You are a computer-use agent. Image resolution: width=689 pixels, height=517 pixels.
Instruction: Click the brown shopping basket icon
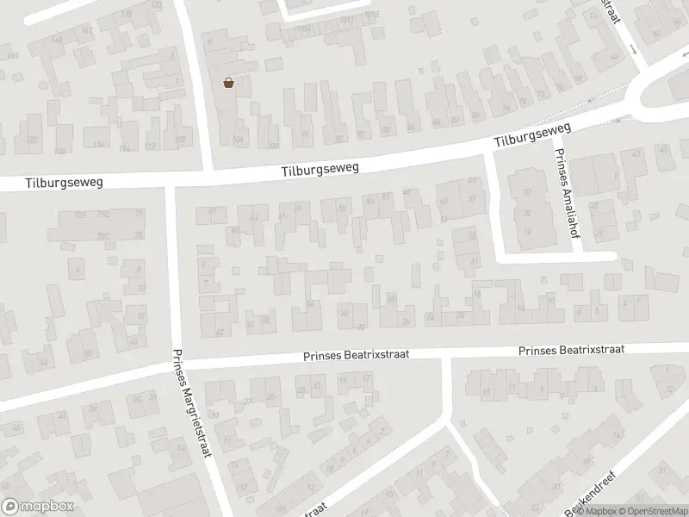(x=229, y=83)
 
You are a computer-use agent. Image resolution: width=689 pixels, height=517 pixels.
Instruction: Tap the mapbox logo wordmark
(x=38, y=506)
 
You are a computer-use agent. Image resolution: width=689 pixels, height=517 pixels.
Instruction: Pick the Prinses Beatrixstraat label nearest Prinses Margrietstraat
(x=355, y=354)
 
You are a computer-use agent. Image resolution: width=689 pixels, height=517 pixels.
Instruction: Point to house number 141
(x=87, y=31)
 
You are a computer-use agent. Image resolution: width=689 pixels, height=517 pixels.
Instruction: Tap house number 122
(x=34, y=140)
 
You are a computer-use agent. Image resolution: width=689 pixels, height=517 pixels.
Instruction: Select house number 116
(x=100, y=145)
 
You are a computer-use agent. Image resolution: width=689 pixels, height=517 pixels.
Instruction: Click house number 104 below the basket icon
(x=239, y=139)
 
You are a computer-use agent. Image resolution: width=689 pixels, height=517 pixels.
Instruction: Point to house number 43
(x=636, y=154)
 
